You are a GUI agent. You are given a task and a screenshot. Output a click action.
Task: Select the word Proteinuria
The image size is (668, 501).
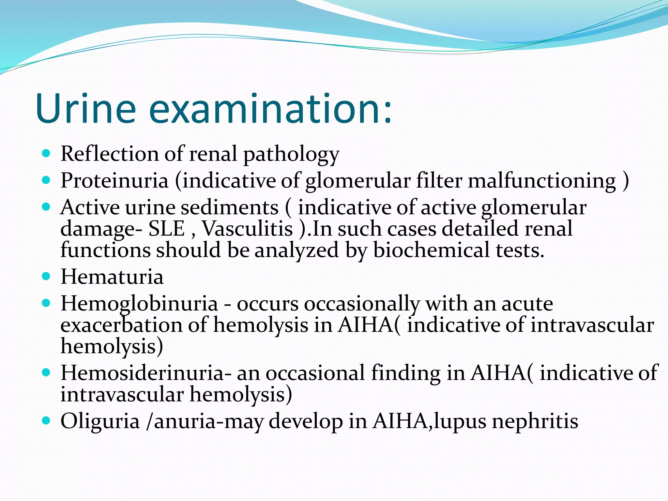114,180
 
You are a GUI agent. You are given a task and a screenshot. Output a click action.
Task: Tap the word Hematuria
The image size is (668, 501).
112,277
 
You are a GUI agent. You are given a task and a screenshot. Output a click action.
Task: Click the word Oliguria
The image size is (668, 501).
100,421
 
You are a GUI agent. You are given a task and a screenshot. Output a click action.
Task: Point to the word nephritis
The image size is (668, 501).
535,421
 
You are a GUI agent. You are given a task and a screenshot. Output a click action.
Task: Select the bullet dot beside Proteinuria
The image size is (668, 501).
46,180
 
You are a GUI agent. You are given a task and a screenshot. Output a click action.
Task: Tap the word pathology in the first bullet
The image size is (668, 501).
292,154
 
